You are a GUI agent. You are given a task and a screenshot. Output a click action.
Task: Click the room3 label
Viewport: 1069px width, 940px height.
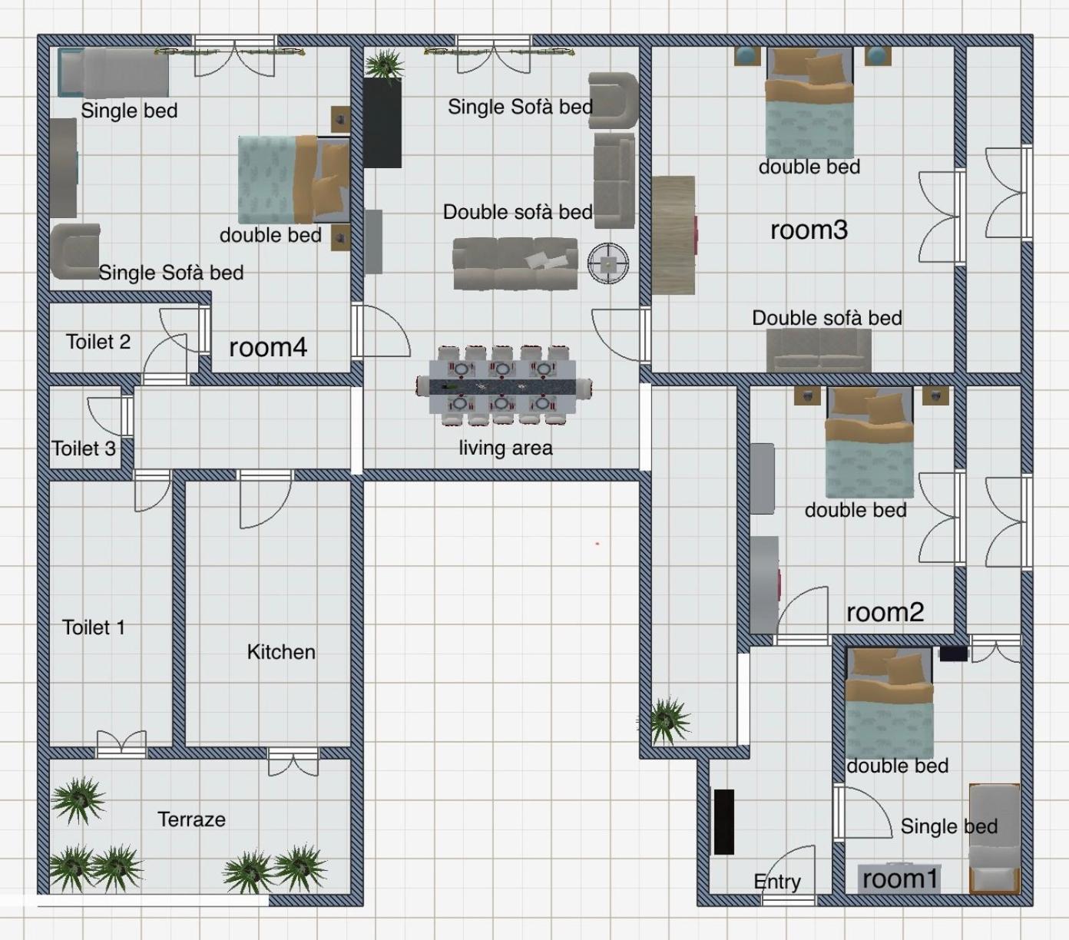click(809, 230)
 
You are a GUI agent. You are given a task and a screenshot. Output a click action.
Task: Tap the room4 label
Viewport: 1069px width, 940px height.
click(268, 347)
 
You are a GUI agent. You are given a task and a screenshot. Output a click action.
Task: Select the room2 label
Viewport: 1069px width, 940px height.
click(885, 612)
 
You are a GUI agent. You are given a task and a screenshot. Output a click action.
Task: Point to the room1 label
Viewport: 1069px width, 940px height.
click(900, 879)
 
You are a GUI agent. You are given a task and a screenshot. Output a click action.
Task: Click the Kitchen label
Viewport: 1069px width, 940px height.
click(281, 652)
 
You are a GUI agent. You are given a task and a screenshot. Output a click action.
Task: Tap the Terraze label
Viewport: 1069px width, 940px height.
click(191, 819)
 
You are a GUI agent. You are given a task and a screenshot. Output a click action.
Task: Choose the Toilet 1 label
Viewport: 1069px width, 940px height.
click(94, 627)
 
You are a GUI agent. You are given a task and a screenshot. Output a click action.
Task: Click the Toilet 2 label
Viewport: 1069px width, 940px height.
click(98, 342)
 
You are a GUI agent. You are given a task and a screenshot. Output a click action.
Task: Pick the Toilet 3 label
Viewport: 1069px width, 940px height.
click(84, 448)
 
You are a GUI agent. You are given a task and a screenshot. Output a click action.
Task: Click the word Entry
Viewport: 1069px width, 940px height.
click(777, 882)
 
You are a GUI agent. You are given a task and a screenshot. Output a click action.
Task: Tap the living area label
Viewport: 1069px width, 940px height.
click(505, 448)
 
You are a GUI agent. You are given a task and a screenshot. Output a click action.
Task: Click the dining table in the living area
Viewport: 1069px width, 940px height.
click(504, 386)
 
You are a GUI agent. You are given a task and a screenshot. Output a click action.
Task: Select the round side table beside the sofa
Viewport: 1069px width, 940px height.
click(608, 263)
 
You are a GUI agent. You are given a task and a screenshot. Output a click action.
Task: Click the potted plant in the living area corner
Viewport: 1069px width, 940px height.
click(385, 65)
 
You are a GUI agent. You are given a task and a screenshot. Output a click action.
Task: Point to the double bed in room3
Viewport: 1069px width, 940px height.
click(809, 102)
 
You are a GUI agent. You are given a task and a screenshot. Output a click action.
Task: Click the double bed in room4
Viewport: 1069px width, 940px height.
click(294, 180)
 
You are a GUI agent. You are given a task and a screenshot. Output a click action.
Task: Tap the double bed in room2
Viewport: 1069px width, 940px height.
click(869, 442)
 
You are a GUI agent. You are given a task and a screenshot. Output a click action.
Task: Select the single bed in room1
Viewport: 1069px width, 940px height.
click(995, 839)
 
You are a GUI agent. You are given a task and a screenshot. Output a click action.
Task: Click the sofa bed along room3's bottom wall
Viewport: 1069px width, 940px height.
click(819, 350)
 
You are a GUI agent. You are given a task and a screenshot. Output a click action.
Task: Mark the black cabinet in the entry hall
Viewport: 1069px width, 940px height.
click(724, 822)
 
